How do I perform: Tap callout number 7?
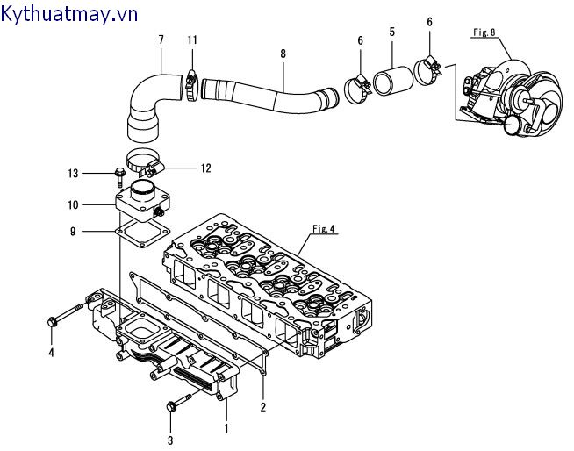(x=161, y=39)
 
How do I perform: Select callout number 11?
(x=192, y=39)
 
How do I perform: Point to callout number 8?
(x=283, y=54)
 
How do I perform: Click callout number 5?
(x=391, y=32)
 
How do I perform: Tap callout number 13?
(x=74, y=172)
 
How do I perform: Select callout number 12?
(x=205, y=168)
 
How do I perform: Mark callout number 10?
(x=74, y=204)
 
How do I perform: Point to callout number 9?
(x=75, y=231)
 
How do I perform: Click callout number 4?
(x=51, y=353)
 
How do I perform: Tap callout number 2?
(x=262, y=406)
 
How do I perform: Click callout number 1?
(x=226, y=428)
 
